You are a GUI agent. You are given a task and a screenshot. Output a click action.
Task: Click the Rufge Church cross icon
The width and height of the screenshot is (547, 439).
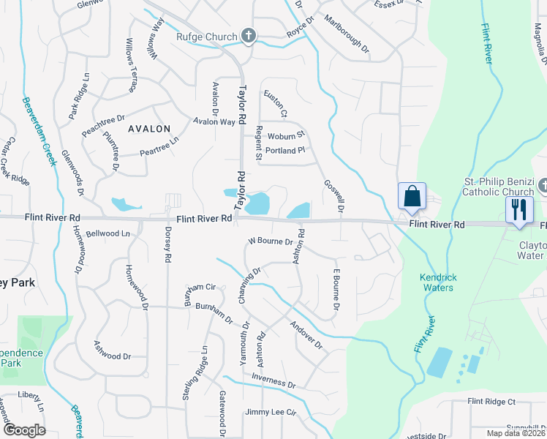[x=249, y=36]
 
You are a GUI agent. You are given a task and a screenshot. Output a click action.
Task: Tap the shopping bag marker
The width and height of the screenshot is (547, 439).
[x=412, y=196]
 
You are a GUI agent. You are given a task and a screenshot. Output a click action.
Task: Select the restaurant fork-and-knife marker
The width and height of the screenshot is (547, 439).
[x=519, y=209]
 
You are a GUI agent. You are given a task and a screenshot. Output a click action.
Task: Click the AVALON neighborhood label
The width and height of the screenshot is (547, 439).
[x=149, y=128]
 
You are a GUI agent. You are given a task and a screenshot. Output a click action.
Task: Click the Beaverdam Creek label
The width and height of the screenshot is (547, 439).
[x=38, y=132]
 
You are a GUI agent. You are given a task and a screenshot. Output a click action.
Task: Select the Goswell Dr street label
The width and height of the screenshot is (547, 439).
[x=333, y=195]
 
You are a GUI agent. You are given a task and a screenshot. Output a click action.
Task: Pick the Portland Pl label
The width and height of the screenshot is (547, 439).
[x=285, y=151]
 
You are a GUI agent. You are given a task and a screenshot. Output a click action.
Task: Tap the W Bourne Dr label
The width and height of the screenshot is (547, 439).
[x=271, y=241]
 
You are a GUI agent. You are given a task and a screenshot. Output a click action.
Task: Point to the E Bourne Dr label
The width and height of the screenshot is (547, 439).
[x=336, y=288]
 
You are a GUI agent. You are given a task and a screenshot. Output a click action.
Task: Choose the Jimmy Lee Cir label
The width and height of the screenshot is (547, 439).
[x=271, y=413]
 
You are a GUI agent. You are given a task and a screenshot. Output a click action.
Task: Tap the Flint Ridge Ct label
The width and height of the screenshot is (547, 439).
[x=492, y=402]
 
